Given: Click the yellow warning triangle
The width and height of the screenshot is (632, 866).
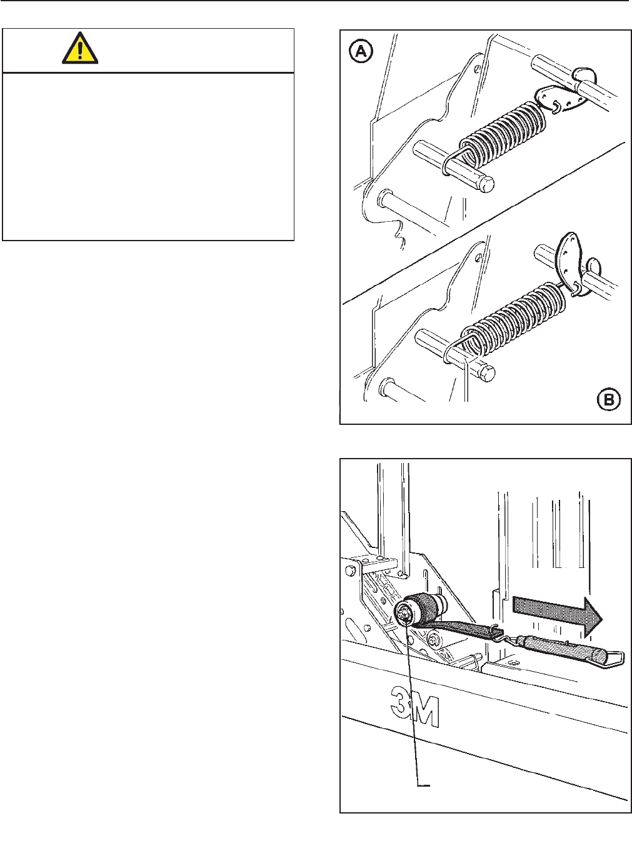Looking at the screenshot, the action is (80, 49).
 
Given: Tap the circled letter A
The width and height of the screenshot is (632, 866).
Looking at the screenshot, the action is (361, 51).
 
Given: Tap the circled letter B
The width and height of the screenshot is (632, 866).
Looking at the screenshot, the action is (609, 399).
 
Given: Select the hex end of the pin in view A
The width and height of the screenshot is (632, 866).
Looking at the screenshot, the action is (486, 184).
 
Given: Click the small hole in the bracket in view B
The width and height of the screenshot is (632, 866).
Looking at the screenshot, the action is (478, 256).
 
